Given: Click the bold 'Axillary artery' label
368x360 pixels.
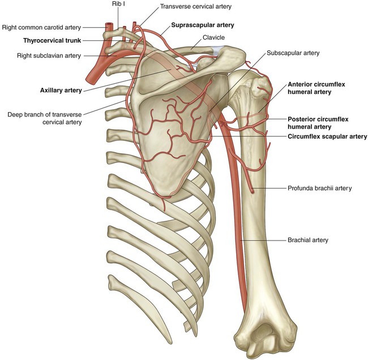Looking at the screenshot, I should pos(61,90).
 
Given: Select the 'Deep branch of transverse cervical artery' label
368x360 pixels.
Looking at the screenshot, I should pos(44,117).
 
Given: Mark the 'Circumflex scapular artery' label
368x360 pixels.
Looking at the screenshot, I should pos(327,136).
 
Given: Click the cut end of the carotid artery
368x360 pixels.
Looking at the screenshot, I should pos(108,25).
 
